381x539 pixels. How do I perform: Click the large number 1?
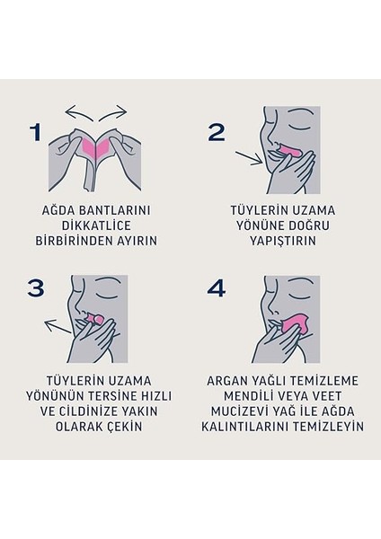pyautogui.click(x=35, y=133)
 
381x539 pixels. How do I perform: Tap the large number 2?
pyautogui.click(x=216, y=133)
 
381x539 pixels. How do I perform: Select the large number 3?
pyautogui.click(x=37, y=288)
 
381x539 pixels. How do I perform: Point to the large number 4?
pyautogui.click(x=216, y=288)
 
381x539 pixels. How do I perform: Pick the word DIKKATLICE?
pyautogui.click(x=94, y=228)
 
